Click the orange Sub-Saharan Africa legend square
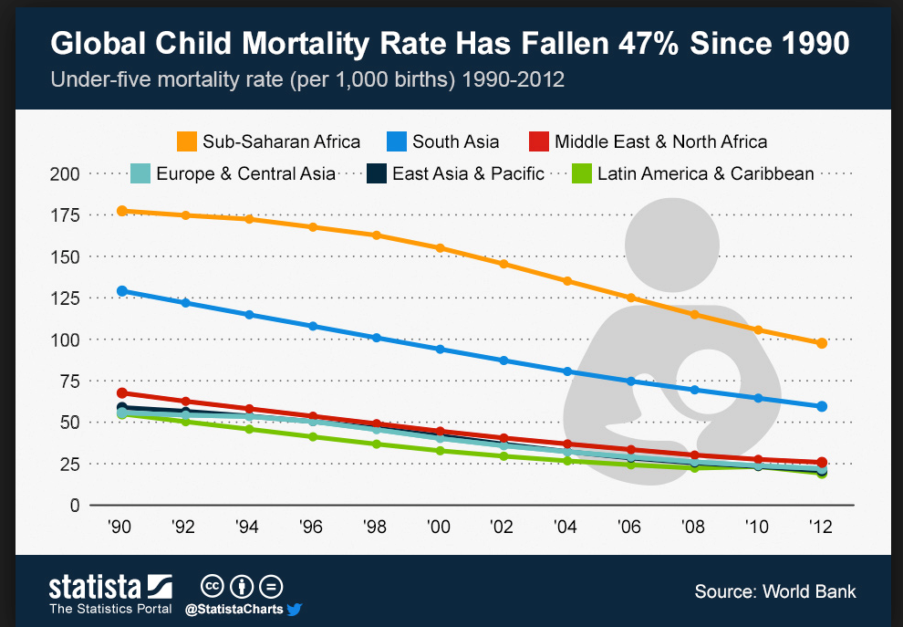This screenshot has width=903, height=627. [x=187, y=141]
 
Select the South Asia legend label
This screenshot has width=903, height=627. [x=455, y=141]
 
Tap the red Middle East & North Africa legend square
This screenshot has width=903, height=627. [x=539, y=141]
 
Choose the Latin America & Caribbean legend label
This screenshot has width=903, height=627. [x=705, y=173]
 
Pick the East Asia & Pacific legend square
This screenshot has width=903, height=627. [x=377, y=173]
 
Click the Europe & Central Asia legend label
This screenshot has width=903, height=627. [x=246, y=173]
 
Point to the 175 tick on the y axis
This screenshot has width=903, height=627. [x=65, y=215]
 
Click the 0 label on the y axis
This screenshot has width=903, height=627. [x=75, y=506]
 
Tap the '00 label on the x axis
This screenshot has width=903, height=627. [x=438, y=526]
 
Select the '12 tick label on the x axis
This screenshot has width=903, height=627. [x=821, y=526]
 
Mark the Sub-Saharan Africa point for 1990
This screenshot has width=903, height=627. [x=122, y=211]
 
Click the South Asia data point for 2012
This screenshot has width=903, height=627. [x=822, y=406]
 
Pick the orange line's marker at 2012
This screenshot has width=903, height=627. [x=822, y=343]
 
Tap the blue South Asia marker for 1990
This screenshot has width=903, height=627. [x=122, y=291]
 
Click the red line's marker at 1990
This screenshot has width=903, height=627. [x=122, y=393]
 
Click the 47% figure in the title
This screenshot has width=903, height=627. [x=649, y=43]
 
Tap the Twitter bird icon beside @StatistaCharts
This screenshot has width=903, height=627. [x=295, y=609]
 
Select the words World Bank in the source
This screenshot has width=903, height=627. [x=809, y=591]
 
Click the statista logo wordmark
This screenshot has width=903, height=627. [x=95, y=587]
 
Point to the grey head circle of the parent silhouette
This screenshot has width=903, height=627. [x=672, y=246]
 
